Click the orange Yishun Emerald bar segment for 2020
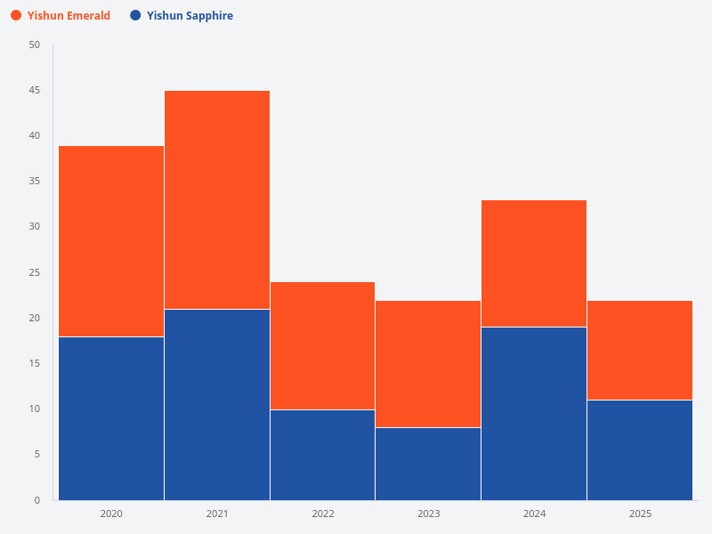coord(111,241)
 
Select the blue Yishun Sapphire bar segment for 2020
coord(111,418)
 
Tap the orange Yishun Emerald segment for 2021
coord(217,200)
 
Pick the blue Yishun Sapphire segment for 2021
coord(217,405)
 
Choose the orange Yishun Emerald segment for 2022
coord(322,345)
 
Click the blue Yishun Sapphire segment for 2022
coord(322,455)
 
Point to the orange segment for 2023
coord(428,364)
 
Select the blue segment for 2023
coord(428,464)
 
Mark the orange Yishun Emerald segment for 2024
coord(534,263)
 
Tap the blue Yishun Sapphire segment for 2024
coord(534,414)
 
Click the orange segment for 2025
coord(640,351)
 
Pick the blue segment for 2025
coord(640,450)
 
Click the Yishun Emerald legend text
coord(69,16)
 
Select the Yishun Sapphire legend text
coord(190,16)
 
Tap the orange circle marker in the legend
coord(16,16)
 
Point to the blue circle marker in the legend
coord(135,16)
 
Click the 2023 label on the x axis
coord(428,514)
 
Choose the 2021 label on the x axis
coord(217,514)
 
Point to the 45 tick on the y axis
coord(35,91)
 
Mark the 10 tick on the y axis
coord(35,409)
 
